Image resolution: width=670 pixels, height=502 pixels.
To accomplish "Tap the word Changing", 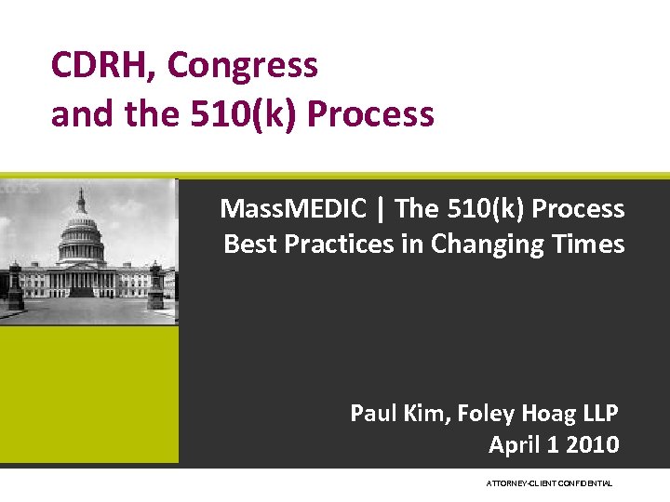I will [x=475, y=245].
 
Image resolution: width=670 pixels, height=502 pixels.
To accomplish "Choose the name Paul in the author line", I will [x=374, y=412].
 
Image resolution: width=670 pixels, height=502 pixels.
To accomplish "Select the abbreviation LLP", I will [x=597, y=412].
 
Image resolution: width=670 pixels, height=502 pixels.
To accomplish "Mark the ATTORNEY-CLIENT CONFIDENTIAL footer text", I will [x=549, y=483].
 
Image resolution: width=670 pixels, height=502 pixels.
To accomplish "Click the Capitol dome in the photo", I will [x=82, y=228].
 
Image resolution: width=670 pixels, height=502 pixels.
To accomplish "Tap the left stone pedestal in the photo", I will [x=15, y=288].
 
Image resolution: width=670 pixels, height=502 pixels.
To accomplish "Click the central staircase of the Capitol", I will [x=84, y=291].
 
